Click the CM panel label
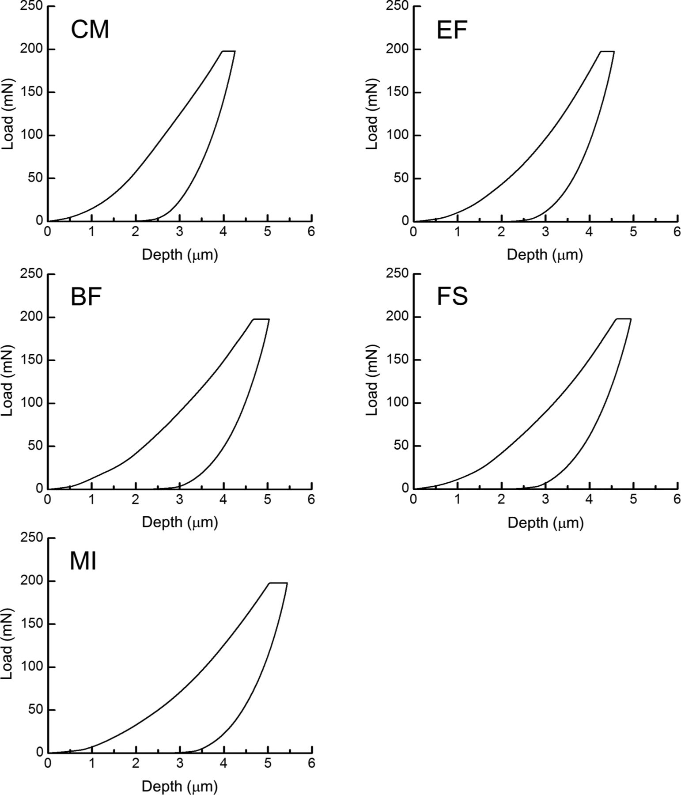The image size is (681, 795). pyautogui.click(x=90, y=30)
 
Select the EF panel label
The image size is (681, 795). pyautogui.click(x=452, y=30)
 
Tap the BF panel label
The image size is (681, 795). pyautogui.click(x=86, y=297)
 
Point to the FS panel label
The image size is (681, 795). pyautogui.click(x=452, y=297)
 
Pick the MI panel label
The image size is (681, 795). pyautogui.click(x=83, y=562)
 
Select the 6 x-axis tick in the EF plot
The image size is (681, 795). pyautogui.click(x=677, y=232)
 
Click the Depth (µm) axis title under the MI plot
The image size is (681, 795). pyautogui.click(x=180, y=786)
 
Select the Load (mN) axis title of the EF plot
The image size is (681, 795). pyautogui.click(x=372, y=114)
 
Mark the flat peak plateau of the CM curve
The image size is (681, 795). pyautogui.click(x=228, y=51)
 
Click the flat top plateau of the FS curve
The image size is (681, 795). pyautogui.click(x=624, y=319)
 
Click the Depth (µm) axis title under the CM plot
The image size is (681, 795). pyautogui.click(x=180, y=255)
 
